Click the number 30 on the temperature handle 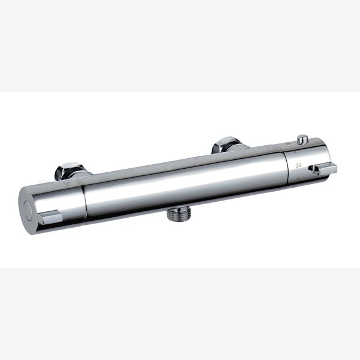[x=299, y=166]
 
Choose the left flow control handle [x=50, y=204]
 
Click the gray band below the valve [x=180, y=313]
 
